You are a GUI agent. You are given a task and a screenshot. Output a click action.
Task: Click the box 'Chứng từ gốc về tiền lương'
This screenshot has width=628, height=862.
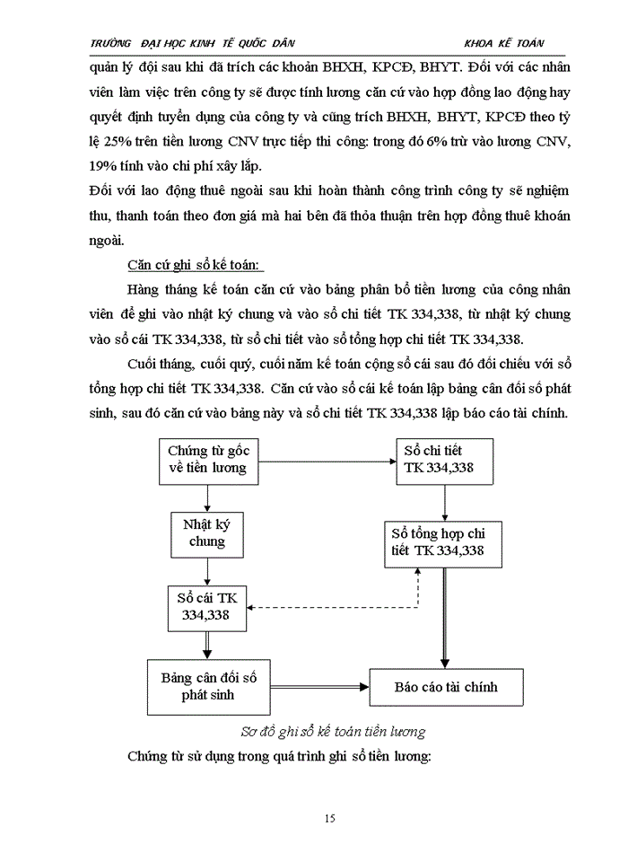207,459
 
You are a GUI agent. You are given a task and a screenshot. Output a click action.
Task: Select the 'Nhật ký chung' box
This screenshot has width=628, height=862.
207,534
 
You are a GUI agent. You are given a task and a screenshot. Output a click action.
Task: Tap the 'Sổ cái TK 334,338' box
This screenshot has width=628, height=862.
207,607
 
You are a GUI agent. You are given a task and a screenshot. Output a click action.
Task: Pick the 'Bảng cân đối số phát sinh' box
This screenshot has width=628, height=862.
207,687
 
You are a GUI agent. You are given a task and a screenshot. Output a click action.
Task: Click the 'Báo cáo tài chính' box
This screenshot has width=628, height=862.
446,687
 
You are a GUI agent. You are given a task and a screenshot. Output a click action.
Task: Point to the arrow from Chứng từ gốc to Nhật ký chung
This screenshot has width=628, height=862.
207,497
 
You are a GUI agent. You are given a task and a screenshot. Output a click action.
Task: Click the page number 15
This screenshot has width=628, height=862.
329,818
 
